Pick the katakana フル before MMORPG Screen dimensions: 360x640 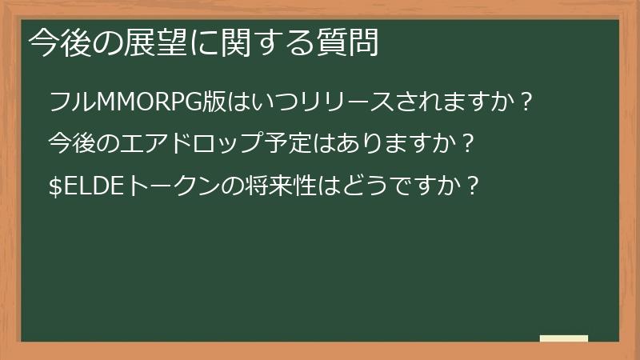click(71, 103)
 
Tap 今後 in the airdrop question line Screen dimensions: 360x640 click(70, 145)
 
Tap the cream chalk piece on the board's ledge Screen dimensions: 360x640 click(563, 338)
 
